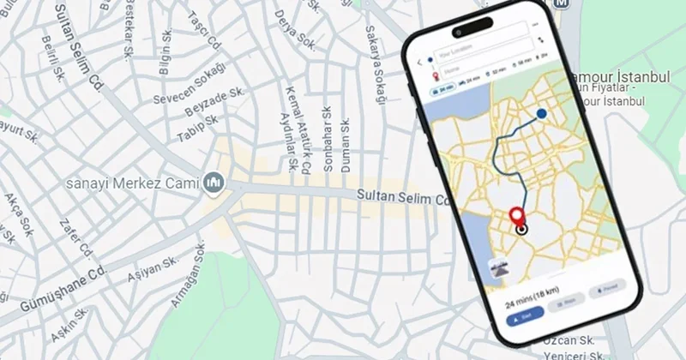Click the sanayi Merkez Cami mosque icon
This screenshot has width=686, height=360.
click(x=214, y=183)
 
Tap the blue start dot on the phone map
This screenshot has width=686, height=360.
click(x=541, y=113)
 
